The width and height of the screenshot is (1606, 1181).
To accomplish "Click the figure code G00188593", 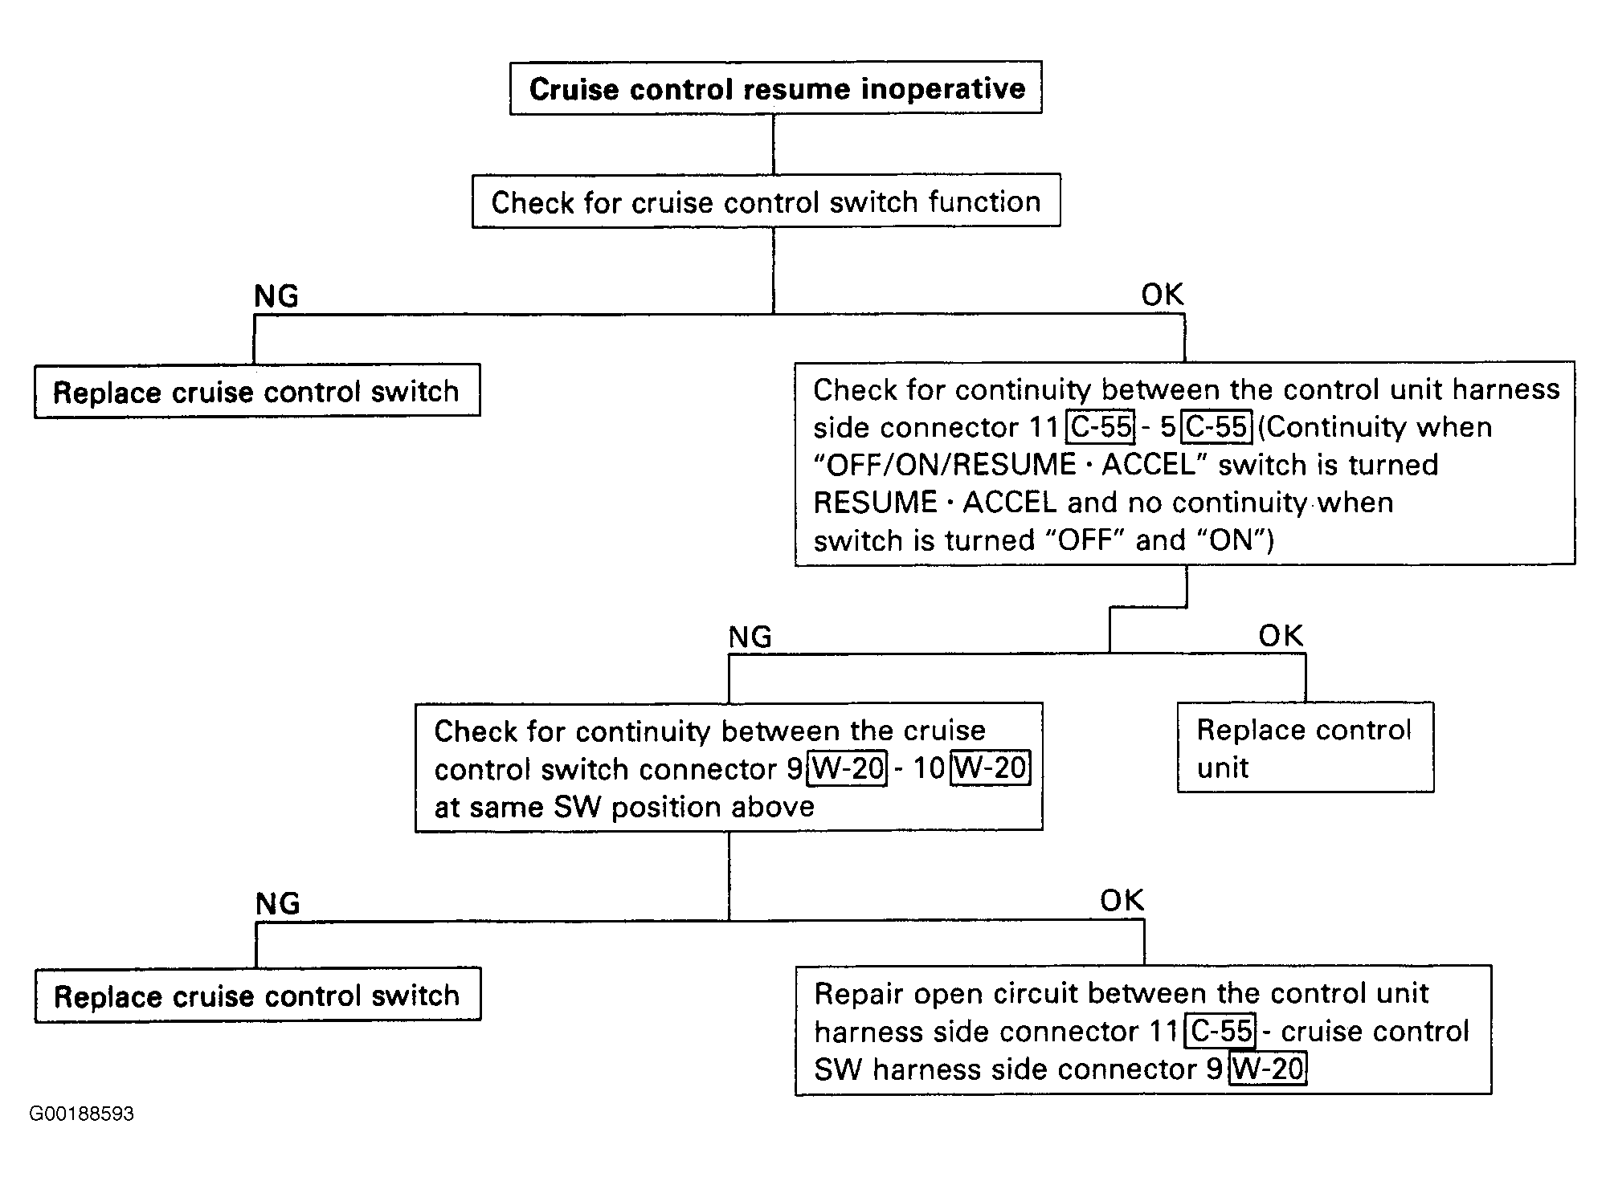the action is pyautogui.click(x=81, y=1114).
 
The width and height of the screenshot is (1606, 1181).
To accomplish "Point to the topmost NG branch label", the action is pyautogui.click(x=276, y=296).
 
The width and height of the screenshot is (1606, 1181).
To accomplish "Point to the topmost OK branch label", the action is pyautogui.click(x=1163, y=295).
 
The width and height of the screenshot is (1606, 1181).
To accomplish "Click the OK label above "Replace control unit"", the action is pyautogui.click(x=1281, y=636).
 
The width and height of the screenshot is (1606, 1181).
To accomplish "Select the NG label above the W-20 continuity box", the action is pyautogui.click(x=750, y=637).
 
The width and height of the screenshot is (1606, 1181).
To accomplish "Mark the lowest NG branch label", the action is pyautogui.click(x=278, y=903).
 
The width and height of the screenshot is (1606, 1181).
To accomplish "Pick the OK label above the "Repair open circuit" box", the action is pyautogui.click(x=1122, y=900).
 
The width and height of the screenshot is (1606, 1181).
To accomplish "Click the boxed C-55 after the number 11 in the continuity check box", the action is pyautogui.click(x=1101, y=426).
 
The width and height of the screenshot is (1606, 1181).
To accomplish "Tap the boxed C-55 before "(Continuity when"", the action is pyautogui.click(x=1217, y=426).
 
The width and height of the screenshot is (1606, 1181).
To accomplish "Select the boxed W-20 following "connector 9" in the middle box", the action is pyautogui.click(x=847, y=768).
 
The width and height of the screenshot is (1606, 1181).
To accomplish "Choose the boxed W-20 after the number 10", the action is pyautogui.click(x=990, y=768).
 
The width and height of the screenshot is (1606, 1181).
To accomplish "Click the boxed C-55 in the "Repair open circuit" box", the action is pyautogui.click(x=1221, y=1030).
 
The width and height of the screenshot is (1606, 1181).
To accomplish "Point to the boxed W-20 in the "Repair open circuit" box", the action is pyautogui.click(x=1268, y=1069).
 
